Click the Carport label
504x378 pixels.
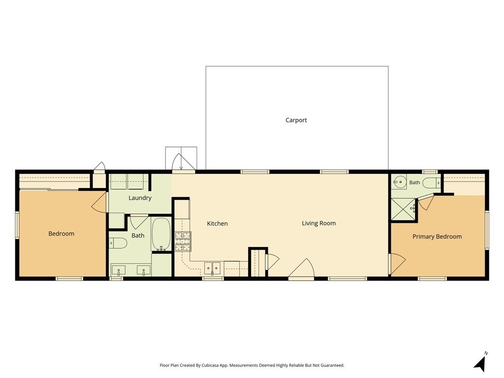[x=296, y=120]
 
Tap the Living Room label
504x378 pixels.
[x=318, y=223]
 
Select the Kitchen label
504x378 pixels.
[x=217, y=223]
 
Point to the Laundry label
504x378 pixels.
[x=140, y=198]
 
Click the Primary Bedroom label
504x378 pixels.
[x=437, y=237]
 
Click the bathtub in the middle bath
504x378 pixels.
[x=161, y=234]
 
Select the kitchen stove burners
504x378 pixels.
[x=183, y=241]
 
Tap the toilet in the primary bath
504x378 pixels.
[x=431, y=183]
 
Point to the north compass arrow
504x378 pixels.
[x=480, y=363]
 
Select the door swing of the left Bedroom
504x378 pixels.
[x=99, y=202]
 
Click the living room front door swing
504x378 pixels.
[x=301, y=268]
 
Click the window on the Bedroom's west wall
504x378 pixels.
[x=17, y=225]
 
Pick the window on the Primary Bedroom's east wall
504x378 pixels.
[x=487, y=230]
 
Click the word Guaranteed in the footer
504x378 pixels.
[x=333, y=366]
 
